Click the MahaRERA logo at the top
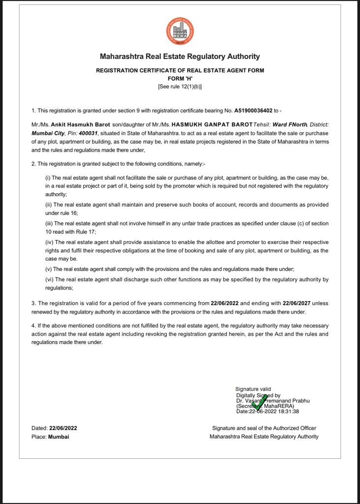pos(180,31)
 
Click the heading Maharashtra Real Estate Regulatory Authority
pos(180,57)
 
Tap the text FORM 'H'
pos(180,78)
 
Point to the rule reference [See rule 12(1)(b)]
pos(180,87)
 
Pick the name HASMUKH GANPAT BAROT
pos(212,125)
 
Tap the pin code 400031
pos(88,133)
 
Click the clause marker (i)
pos(48,178)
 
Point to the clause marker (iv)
pos(49,242)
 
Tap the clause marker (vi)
pos(49,280)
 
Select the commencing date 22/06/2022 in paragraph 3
pos(227,303)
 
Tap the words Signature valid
pos(253,389)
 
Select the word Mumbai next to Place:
pos(59,437)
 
